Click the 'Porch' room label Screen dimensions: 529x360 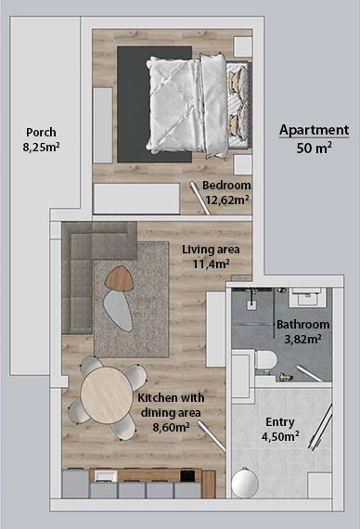pyautogui.click(x=41, y=132)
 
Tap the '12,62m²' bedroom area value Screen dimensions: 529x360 pyautogui.click(x=227, y=199)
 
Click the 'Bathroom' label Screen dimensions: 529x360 pyautogui.click(x=302, y=325)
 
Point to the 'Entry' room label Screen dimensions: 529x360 pyautogui.click(x=279, y=420)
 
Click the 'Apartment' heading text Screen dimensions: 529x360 pyautogui.click(x=314, y=131)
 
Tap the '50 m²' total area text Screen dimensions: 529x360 pyautogui.click(x=314, y=148)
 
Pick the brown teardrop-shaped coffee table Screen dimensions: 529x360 pyautogui.click(x=122, y=276)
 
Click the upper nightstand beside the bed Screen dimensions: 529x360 pyautogui.click(x=242, y=45)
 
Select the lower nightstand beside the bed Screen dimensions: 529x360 pyautogui.click(x=242, y=164)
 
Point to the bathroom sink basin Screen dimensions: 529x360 pyautogui.click(x=305, y=299)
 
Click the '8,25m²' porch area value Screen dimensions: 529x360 pyautogui.click(x=41, y=147)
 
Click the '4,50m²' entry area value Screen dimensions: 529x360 pyautogui.click(x=279, y=435)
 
